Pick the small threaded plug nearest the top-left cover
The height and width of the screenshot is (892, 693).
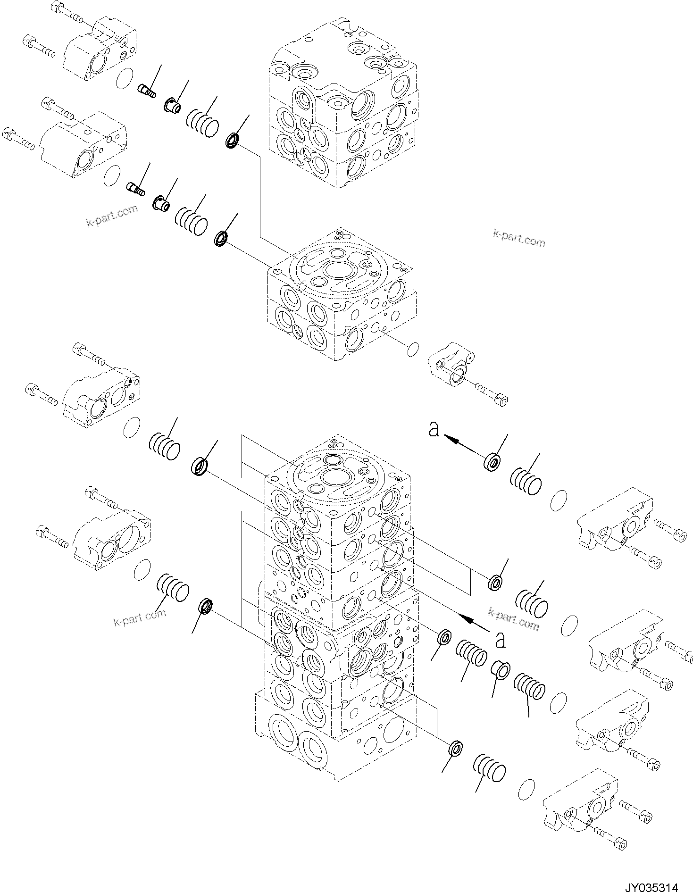[147, 90]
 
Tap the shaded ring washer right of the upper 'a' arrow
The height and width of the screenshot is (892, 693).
[492, 462]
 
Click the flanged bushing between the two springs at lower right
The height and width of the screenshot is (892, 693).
[501, 670]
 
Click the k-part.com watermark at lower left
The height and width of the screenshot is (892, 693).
[140, 617]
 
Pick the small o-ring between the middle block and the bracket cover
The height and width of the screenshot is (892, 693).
[412, 349]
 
